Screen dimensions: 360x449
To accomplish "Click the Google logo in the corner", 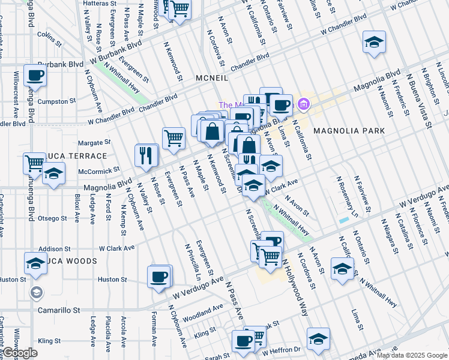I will (x=19, y=353).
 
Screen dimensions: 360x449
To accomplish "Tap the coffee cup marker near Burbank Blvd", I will (x=35, y=75).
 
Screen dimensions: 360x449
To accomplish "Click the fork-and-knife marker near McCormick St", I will (x=146, y=155).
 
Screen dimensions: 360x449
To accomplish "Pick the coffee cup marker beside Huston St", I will (x=159, y=277).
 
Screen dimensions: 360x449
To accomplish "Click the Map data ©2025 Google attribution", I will (x=412, y=355).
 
